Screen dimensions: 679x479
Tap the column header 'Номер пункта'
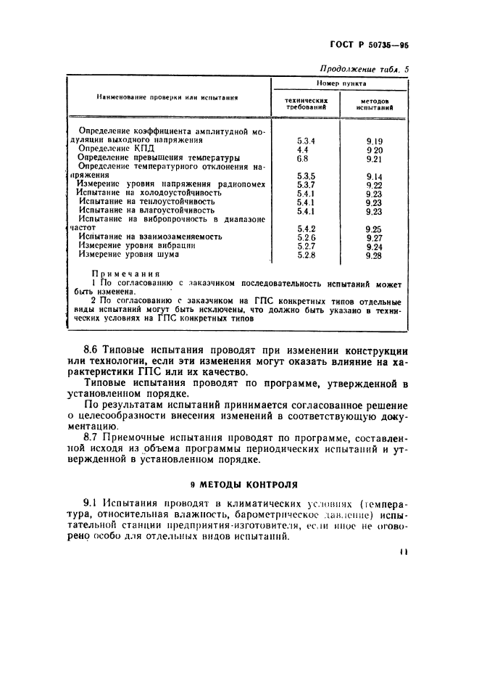(338, 84)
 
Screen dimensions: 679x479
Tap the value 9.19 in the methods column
(374, 139)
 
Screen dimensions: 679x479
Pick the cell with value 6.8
(302, 157)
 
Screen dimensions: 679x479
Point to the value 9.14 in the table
(374, 176)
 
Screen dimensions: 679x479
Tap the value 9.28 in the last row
(374, 255)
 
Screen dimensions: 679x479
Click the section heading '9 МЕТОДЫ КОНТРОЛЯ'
(239, 484)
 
